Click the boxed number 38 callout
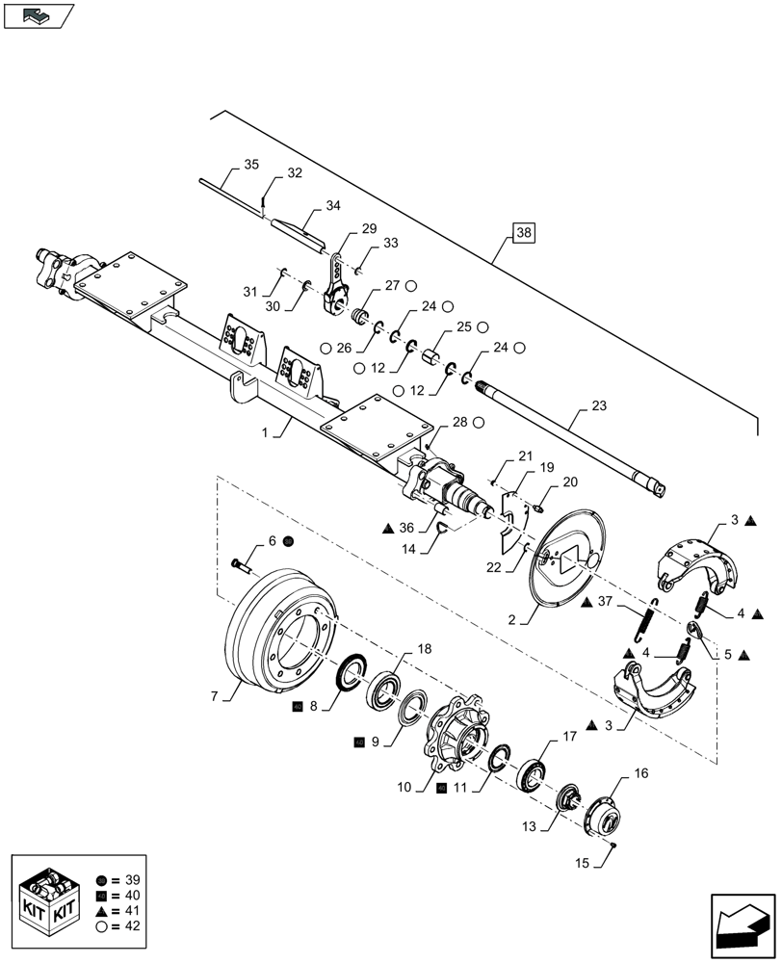coord(522,233)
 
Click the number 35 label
coord(250,165)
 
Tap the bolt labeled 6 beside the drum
coord(241,563)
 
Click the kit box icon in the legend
coord(49,897)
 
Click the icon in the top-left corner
coord(39,15)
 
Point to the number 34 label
coord(332,205)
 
